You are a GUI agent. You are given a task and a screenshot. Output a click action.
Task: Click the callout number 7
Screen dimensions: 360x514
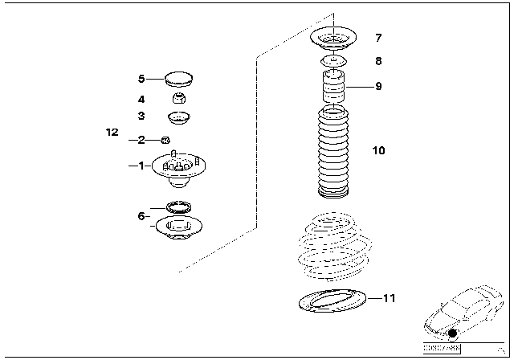(x=378, y=38)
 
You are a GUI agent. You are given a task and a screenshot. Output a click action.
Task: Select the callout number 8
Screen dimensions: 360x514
(x=378, y=60)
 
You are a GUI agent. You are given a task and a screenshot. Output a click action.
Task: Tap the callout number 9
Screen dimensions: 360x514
(x=378, y=86)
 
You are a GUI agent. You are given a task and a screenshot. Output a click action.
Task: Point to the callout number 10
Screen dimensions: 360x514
(x=379, y=150)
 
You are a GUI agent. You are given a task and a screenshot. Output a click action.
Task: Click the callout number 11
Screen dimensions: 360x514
(x=390, y=299)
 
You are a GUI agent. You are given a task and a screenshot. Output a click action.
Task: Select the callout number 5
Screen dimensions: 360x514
(x=141, y=79)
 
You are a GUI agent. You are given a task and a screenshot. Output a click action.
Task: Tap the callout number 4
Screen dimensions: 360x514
(x=141, y=100)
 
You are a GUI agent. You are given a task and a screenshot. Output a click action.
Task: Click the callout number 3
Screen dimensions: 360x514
(x=141, y=117)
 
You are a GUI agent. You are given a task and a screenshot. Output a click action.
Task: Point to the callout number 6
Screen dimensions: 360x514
(x=141, y=215)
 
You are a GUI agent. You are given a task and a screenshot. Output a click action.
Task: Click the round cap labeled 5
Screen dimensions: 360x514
(x=178, y=79)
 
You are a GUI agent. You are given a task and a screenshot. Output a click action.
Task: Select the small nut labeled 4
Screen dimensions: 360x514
(x=178, y=100)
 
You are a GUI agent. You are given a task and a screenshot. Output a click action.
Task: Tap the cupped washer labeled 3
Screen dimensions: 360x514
(x=177, y=118)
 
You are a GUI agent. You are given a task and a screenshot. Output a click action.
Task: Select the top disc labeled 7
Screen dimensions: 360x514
(x=332, y=38)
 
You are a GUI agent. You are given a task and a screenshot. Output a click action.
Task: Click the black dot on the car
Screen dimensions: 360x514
(x=454, y=333)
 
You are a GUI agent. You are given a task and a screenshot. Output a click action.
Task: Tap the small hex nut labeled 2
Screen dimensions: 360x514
(x=165, y=140)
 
